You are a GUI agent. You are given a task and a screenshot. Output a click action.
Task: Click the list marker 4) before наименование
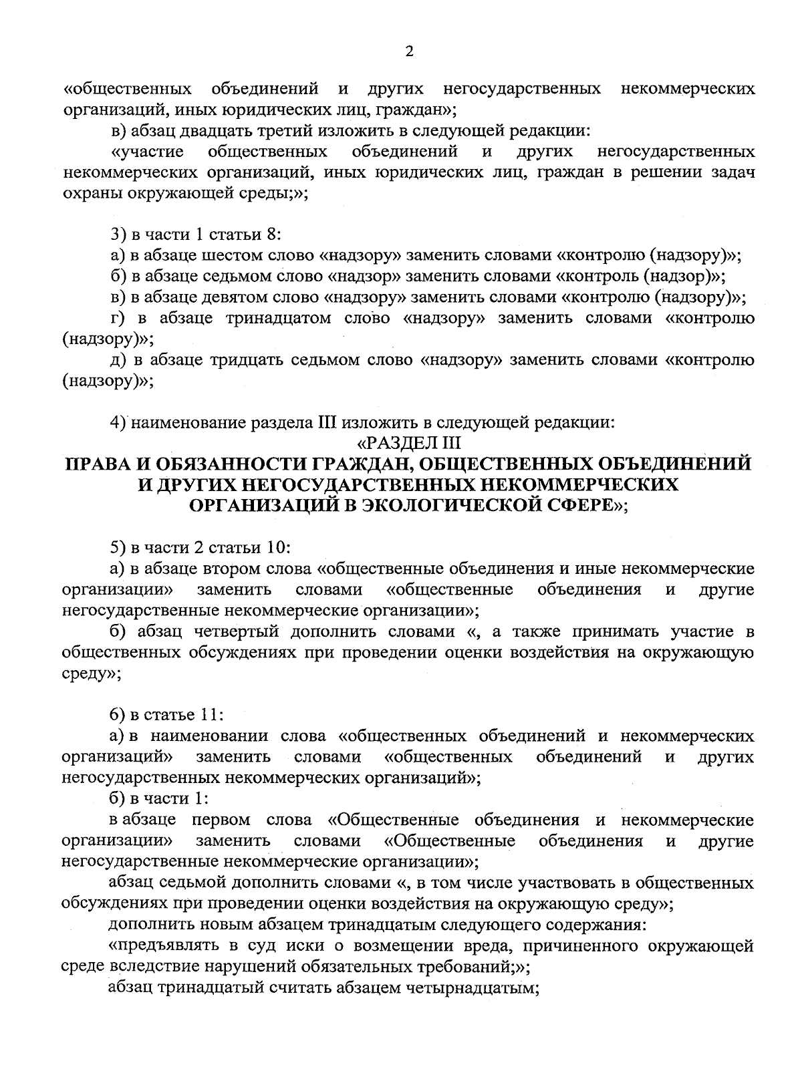(x=118, y=422)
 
